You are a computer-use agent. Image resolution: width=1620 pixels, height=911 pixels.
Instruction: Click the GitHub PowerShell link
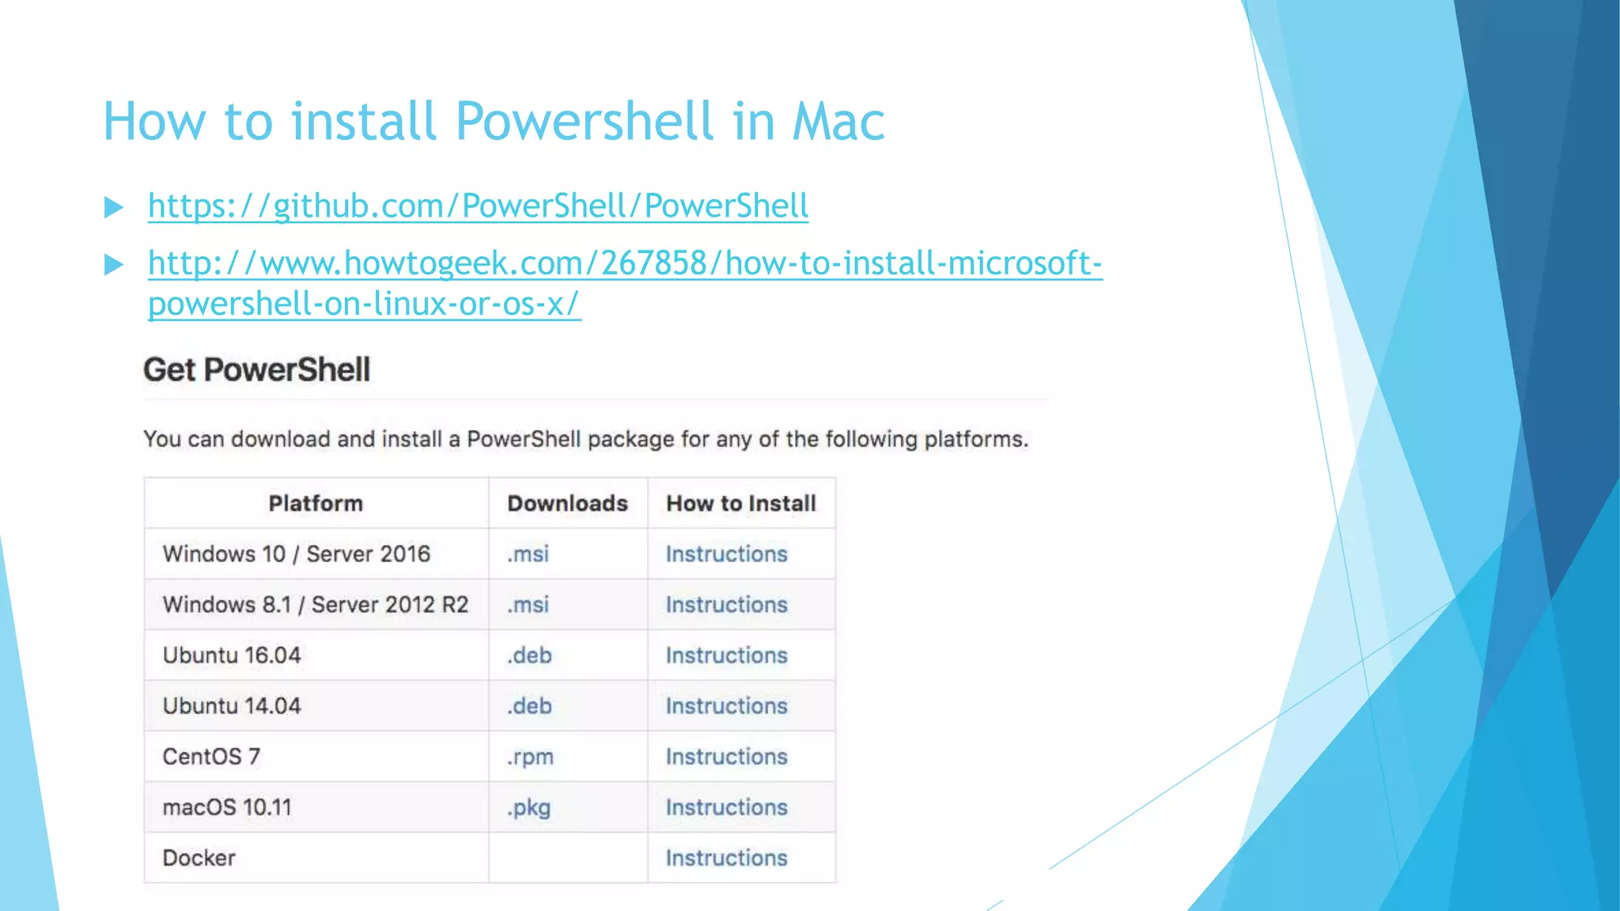tap(478, 206)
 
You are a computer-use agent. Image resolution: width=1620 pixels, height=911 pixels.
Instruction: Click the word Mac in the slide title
tap(838, 122)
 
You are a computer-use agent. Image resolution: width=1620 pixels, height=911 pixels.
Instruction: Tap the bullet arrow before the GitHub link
tap(114, 207)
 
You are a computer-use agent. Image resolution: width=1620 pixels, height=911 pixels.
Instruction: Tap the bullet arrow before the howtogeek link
tap(114, 264)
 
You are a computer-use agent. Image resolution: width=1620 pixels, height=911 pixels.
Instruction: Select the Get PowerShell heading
tap(256, 370)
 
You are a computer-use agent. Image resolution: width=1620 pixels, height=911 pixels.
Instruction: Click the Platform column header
tap(316, 504)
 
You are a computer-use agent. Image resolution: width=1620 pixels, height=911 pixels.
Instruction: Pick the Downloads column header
tap(567, 504)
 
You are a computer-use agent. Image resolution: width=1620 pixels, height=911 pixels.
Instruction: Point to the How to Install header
tap(740, 504)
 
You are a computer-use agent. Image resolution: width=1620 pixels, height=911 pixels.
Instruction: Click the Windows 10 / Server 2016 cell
tap(296, 554)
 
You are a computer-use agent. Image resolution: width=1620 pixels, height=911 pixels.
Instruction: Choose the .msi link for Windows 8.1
tap(528, 605)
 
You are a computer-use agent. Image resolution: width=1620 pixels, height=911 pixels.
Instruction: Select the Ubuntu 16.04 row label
tap(232, 656)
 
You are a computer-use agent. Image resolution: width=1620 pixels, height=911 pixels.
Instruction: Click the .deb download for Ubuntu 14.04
tap(529, 706)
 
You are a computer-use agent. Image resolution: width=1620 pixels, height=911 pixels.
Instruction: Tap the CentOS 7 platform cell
tap(211, 757)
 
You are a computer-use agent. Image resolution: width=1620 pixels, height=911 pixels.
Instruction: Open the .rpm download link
tap(530, 758)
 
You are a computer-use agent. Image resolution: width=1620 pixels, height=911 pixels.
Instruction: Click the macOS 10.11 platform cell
tap(227, 807)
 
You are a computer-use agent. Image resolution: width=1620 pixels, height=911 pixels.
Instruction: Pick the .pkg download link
tap(528, 808)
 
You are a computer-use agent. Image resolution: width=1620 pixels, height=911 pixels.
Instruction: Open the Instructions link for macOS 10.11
tap(726, 807)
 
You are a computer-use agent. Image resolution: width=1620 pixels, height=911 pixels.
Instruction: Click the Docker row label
tap(199, 858)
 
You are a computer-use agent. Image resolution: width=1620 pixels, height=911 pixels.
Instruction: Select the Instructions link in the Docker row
tap(726, 858)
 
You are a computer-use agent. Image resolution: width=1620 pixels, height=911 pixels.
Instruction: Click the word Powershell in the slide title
tap(586, 122)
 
